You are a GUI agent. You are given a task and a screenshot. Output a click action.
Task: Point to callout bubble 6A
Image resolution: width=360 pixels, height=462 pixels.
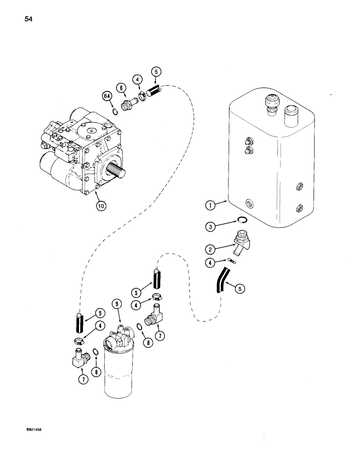point(107,96)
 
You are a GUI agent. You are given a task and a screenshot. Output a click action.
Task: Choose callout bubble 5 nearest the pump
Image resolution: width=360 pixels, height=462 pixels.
point(156,73)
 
